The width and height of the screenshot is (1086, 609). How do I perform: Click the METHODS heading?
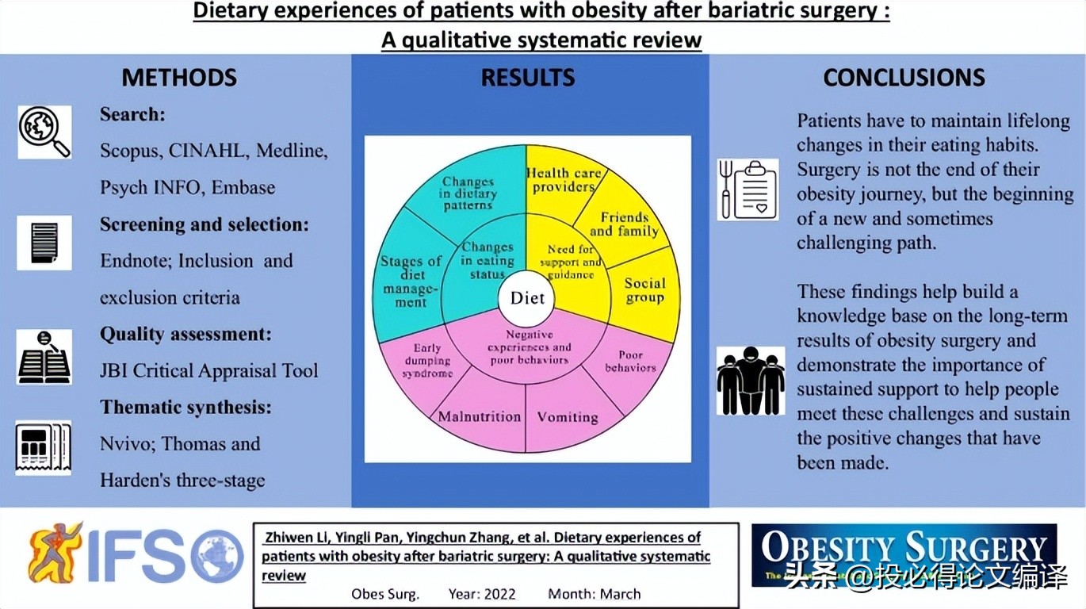click(179, 78)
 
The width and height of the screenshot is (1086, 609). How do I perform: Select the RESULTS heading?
click(528, 78)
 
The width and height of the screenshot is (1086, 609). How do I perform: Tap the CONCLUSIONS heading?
click(904, 78)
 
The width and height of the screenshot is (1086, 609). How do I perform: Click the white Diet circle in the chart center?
click(527, 298)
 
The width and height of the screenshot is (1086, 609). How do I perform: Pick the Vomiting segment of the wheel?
click(568, 417)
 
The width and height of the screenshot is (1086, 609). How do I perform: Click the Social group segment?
click(644, 290)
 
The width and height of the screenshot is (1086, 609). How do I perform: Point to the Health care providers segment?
click(564, 180)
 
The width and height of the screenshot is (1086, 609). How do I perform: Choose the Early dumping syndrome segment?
click(423, 361)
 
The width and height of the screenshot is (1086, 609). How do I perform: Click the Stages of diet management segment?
click(411, 280)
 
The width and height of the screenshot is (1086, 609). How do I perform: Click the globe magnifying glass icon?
click(44, 132)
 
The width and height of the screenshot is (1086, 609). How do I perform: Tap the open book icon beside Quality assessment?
click(44, 357)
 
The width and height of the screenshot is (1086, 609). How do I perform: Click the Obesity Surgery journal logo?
click(904, 554)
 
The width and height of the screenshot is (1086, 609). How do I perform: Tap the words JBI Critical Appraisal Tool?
click(209, 370)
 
